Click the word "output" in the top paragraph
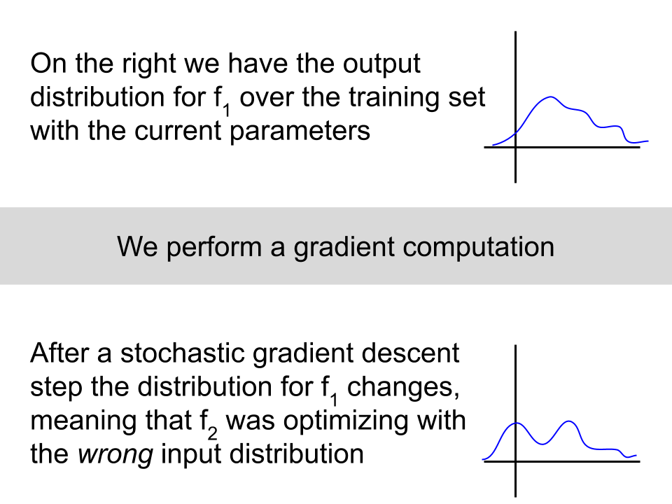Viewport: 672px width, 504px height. click(381, 65)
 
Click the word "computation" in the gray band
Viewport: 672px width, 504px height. click(478, 248)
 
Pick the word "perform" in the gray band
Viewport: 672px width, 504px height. click(214, 248)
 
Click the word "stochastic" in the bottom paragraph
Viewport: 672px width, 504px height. click(182, 354)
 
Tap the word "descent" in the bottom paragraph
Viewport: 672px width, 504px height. click(410, 354)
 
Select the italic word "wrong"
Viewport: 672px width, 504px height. click(115, 455)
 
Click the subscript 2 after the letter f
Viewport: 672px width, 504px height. click(212, 434)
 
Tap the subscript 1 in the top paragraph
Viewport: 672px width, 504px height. click(227, 111)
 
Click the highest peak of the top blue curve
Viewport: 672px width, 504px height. click(551, 97)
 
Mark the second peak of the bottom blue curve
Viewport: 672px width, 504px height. click(569, 421)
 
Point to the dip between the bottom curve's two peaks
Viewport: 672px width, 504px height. click(542, 444)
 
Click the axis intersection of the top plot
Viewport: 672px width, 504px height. click(516, 148)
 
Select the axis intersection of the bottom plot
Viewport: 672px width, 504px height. click(516, 461)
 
